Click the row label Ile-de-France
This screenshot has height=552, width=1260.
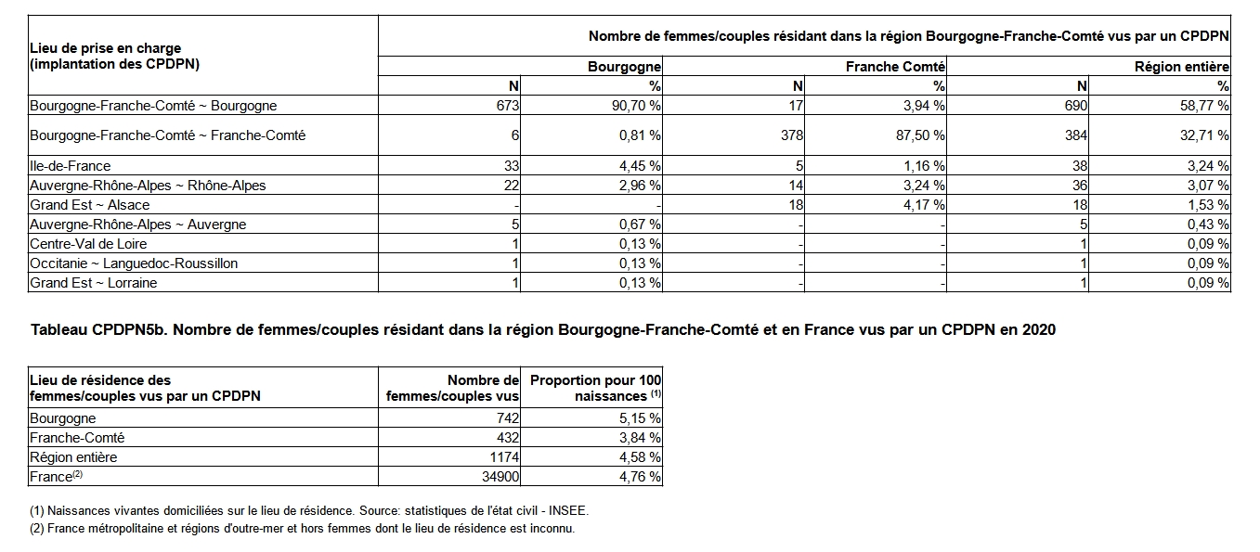[71, 166]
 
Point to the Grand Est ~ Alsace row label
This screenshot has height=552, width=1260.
[90, 205]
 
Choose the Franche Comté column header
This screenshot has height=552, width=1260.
[895, 67]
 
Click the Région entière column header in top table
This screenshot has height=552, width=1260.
[1181, 67]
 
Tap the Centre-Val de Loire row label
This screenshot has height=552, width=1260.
[88, 244]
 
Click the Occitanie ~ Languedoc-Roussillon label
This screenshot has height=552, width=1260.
[134, 263]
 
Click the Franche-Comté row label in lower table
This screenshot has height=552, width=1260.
[77, 438]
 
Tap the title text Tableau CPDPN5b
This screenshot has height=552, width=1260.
[99, 330]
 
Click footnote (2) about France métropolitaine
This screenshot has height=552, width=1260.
[302, 529]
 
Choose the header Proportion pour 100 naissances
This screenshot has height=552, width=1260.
[596, 388]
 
